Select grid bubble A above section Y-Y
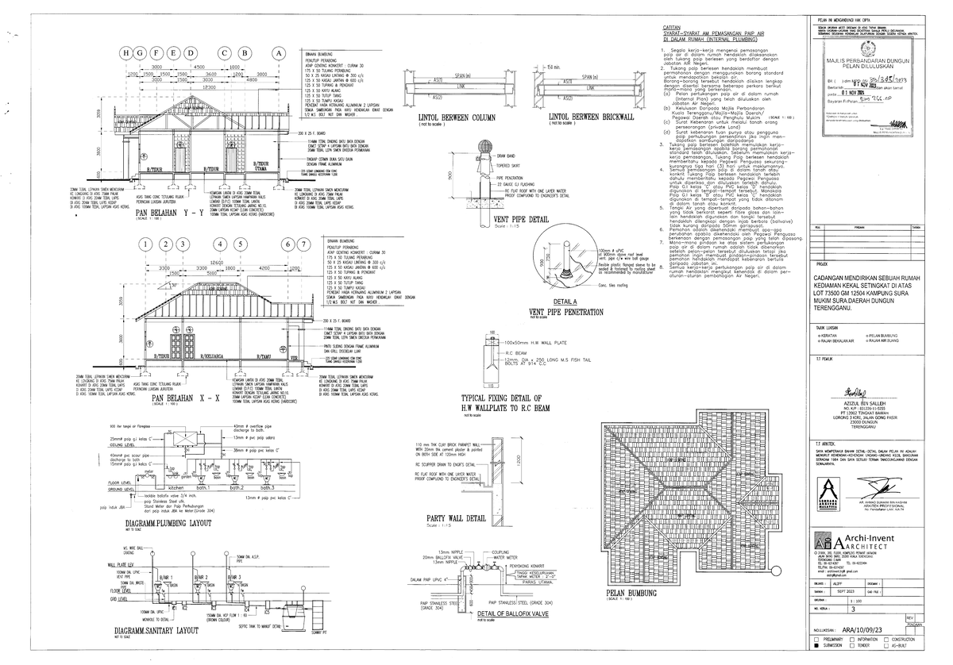coord(278,52)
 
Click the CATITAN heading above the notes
coord(673,28)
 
